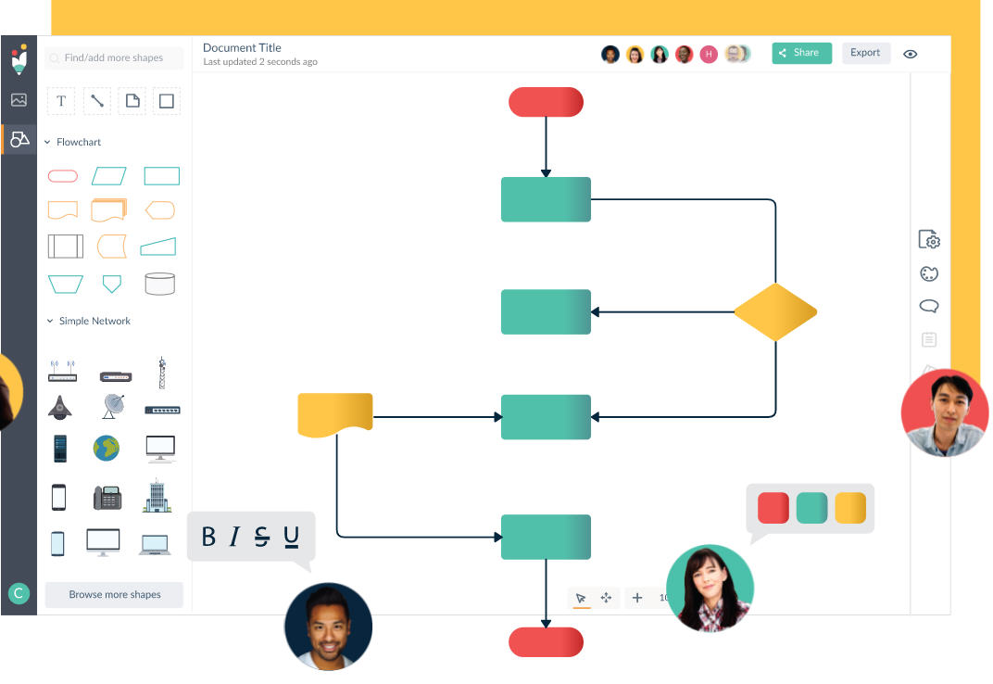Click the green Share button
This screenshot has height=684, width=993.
click(x=801, y=53)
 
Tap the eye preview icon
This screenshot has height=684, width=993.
click(x=910, y=54)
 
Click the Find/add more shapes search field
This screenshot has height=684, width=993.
click(x=114, y=57)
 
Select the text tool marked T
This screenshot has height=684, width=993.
click(x=61, y=101)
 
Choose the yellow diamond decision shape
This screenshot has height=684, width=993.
click(x=775, y=312)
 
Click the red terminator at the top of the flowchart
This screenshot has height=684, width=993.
click(x=546, y=102)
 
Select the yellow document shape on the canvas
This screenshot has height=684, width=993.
click(x=335, y=415)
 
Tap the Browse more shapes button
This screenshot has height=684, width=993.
click(x=114, y=595)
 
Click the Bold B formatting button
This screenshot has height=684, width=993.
click(x=208, y=537)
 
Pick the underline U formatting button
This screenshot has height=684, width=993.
click(x=291, y=537)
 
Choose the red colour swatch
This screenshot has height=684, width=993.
click(x=773, y=508)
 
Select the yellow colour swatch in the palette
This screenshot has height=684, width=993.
click(x=850, y=508)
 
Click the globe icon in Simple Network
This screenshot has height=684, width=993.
click(x=107, y=449)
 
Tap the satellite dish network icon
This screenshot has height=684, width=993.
click(x=113, y=406)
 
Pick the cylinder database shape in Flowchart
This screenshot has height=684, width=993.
click(x=159, y=284)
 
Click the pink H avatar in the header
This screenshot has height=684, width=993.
click(x=709, y=55)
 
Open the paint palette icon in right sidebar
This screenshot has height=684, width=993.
click(x=929, y=273)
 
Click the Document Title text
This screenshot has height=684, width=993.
click(x=242, y=47)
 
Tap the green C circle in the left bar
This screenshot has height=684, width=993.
click(x=19, y=593)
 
